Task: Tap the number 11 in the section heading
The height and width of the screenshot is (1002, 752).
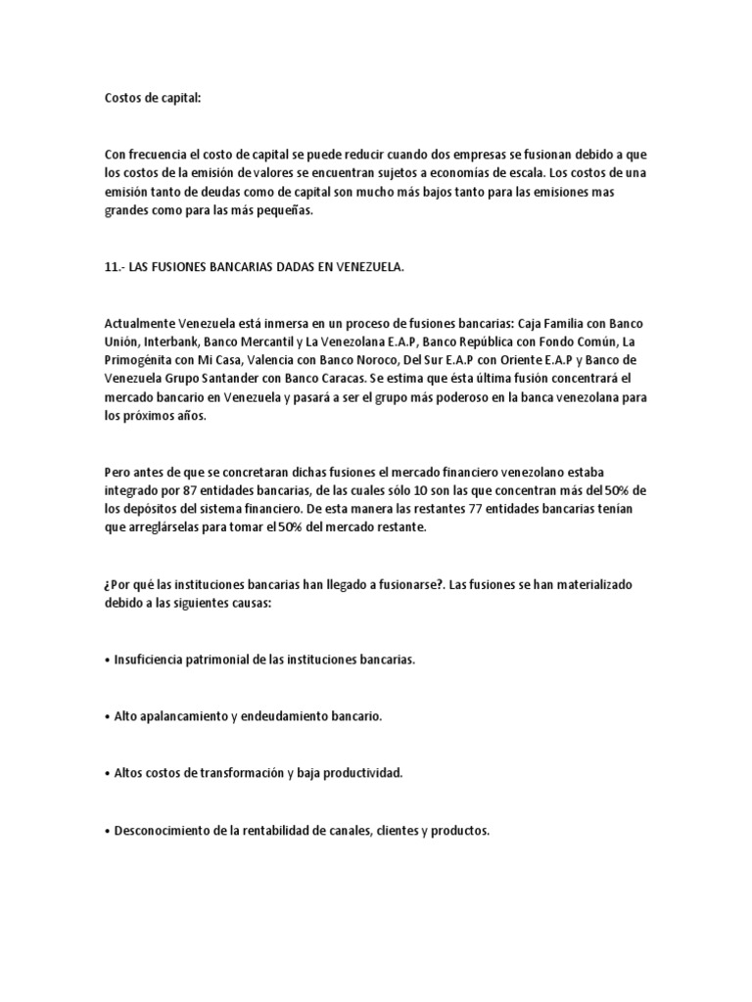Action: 111,267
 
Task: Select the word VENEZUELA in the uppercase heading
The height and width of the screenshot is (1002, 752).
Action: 363,267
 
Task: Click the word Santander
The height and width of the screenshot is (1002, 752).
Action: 274,379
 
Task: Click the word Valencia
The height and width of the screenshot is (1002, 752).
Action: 276,360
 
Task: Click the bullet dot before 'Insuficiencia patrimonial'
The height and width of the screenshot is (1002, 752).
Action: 106,660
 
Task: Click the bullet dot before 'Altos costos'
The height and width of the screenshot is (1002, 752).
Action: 106,774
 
